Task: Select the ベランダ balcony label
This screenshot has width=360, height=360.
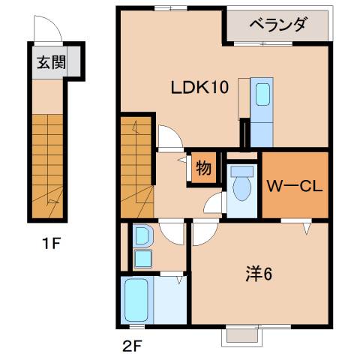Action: point(277,25)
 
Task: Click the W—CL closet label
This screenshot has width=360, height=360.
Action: point(295,184)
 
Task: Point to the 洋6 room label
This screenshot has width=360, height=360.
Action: point(257,274)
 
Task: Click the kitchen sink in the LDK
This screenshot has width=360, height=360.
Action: point(262,95)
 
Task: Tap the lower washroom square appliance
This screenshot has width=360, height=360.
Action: point(141,259)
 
